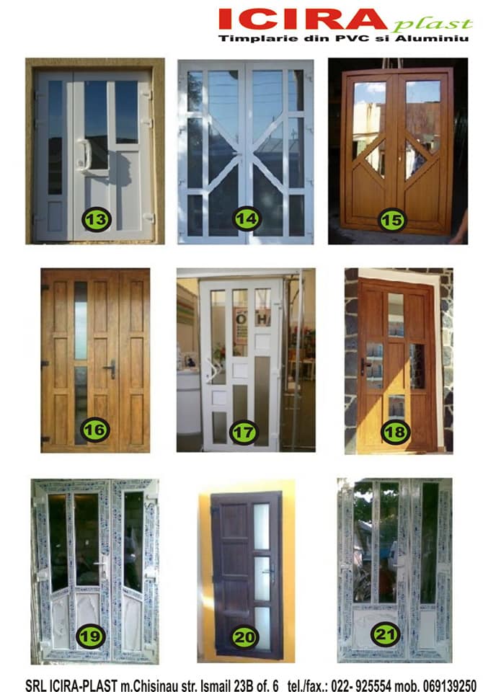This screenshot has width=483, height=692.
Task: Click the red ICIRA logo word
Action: pos(303,19)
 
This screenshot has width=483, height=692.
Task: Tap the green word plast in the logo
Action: pos(433,25)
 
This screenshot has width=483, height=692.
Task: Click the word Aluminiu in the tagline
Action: pos(431,38)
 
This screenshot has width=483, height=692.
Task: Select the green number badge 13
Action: pos(97,219)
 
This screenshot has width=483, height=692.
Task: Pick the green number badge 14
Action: pos(247,218)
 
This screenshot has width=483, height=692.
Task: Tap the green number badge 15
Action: pos(392,219)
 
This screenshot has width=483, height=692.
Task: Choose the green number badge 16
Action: pos(95,430)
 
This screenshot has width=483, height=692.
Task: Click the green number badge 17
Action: pos(244,432)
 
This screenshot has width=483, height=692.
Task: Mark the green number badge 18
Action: pos(395,432)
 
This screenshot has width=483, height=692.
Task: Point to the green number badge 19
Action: pos(91,636)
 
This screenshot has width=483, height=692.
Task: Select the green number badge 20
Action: pos(244,636)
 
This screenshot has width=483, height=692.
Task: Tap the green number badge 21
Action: pos(386,634)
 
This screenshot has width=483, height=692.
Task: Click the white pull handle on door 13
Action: pos(84,155)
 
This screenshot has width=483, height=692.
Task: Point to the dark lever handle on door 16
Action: pos(110,368)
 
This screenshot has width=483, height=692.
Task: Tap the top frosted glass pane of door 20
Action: pos(262,526)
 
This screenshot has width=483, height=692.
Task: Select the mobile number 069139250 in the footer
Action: pos(449,686)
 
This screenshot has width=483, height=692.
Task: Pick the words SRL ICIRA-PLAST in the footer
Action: pos(71,686)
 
